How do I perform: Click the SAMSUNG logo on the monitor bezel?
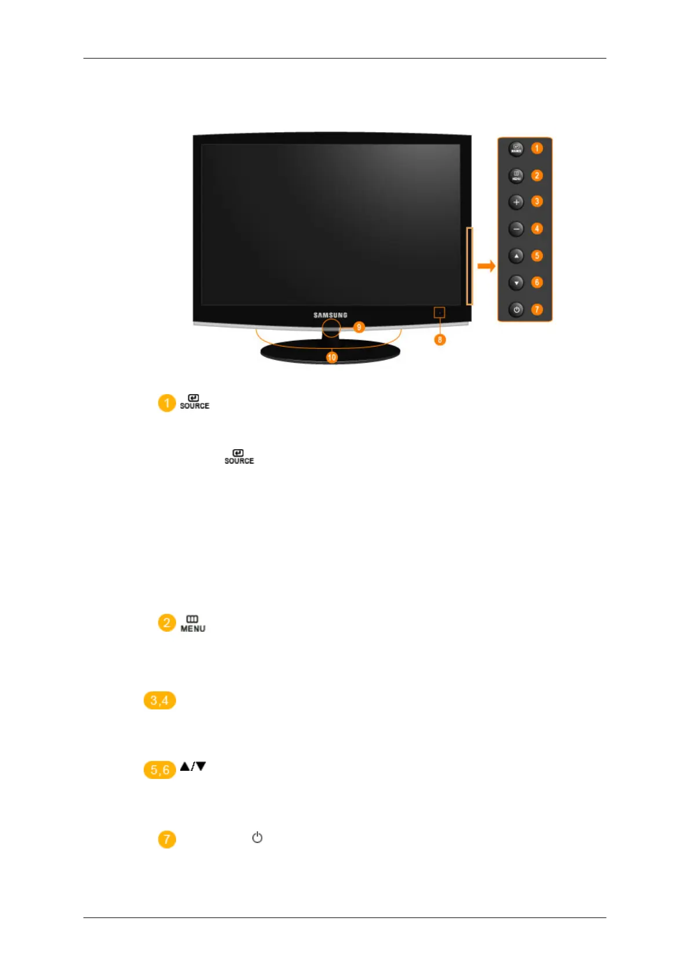tap(330, 315)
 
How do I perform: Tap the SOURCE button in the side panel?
tap(516, 149)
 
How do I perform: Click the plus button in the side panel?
tap(516, 202)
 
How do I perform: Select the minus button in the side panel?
tap(516, 229)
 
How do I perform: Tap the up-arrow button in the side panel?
tap(516, 256)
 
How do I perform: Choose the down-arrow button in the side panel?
tap(516, 283)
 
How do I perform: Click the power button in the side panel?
tap(516, 309)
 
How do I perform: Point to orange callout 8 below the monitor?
tap(440, 340)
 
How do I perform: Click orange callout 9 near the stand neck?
tap(359, 327)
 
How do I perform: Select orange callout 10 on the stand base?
tap(331, 358)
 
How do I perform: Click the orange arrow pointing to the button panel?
tap(486, 266)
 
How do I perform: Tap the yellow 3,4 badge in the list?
tap(159, 700)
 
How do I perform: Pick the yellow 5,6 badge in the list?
tap(159, 770)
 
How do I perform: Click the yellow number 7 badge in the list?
tap(167, 839)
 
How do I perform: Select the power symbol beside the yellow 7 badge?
tap(257, 837)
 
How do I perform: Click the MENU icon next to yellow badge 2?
tap(193, 624)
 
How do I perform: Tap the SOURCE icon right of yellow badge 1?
tap(194, 402)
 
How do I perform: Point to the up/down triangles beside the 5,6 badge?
tap(193, 766)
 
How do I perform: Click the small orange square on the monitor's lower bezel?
tap(439, 313)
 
